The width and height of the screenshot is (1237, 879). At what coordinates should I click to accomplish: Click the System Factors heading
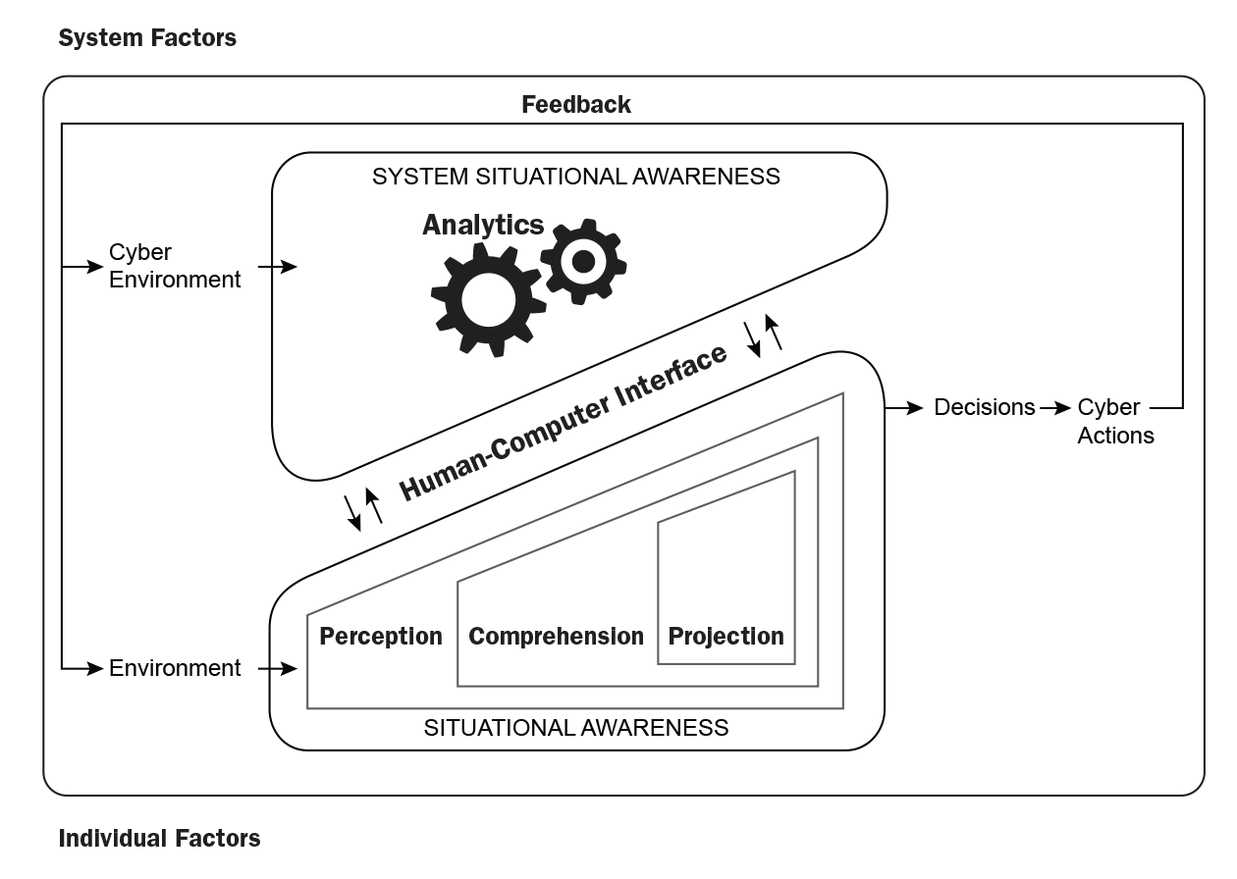point(147,38)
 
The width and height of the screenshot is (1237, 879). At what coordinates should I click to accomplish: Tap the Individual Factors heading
point(159,838)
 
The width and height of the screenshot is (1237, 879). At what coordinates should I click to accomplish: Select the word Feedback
point(576,104)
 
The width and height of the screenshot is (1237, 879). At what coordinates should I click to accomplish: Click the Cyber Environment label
point(174,266)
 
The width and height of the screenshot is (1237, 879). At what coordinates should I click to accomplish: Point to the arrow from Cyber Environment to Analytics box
point(277,266)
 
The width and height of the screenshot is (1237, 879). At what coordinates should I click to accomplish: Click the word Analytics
point(483,225)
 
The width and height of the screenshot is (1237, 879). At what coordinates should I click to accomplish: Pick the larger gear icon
point(488,299)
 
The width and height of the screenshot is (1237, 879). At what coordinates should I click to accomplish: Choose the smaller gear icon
point(583,261)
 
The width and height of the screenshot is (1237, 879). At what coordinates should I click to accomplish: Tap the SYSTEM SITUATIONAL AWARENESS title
point(576,177)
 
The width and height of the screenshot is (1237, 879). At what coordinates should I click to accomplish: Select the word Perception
point(381,636)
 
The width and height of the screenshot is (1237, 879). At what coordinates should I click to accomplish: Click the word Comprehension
point(556,636)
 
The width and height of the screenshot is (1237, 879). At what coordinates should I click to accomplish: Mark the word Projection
point(726,636)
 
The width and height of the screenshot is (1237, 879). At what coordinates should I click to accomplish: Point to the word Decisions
point(984,407)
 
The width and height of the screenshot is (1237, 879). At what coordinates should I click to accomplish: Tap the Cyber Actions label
point(1115,421)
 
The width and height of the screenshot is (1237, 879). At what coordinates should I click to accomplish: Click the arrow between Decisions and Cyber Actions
point(1055,407)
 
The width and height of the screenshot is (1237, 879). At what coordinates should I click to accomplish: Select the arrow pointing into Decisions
point(904,407)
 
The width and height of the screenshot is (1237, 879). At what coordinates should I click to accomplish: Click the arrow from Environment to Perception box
point(277,669)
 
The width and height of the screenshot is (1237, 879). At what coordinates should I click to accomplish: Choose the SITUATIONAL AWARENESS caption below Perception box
point(576,728)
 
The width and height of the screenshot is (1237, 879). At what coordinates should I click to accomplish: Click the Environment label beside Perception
point(175,668)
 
